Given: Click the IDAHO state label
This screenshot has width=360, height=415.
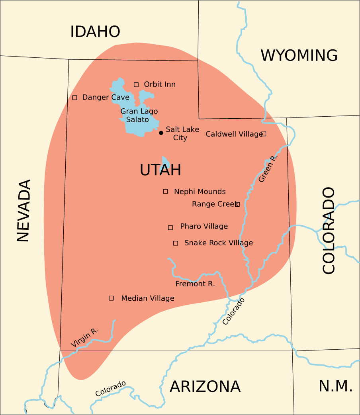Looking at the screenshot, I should [95, 31].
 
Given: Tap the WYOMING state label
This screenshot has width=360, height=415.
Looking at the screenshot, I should [299, 55].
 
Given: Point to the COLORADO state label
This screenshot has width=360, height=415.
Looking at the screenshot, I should [329, 230].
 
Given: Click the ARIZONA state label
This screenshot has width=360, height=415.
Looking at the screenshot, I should [205, 386].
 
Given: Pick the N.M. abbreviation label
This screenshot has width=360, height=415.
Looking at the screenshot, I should [335, 386].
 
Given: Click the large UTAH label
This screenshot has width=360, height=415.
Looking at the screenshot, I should [160, 170].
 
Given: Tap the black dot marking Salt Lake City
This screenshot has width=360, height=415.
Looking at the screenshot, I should [161, 133].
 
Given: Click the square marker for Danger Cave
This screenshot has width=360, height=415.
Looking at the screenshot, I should [74, 98].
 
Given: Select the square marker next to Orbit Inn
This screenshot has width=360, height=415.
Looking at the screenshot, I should [136, 84].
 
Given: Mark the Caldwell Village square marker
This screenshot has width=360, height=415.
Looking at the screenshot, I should [264, 134].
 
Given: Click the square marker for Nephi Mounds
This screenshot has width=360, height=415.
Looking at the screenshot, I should [166, 192].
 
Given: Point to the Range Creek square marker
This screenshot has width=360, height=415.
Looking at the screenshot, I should [237, 204].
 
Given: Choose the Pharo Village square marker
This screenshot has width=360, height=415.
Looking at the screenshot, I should [170, 227].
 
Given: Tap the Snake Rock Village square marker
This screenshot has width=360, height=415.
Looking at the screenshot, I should [176, 243].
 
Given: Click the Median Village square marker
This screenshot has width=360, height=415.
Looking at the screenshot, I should [112, 298].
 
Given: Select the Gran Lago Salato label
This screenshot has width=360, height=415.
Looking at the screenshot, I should [139, 115].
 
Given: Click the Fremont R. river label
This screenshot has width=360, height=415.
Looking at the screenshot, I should [195, 284].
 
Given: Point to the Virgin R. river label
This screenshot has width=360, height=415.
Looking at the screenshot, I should [84, 337].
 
